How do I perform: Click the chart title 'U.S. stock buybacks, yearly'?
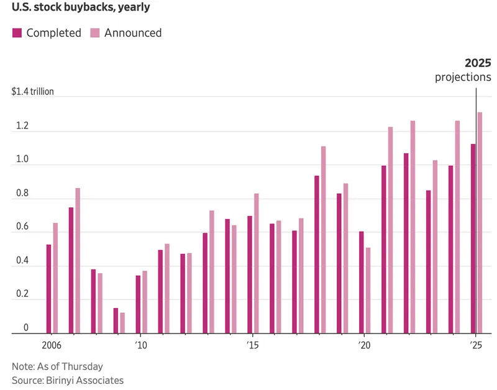(x=81, y=9)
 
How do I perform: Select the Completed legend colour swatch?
(x=17, y=33)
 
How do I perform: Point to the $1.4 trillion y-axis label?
(x=33, y=91)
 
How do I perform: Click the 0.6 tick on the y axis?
(x=22, y=227)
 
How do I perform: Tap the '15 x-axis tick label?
(x=252, y=345)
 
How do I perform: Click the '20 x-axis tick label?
(x=364, y=345)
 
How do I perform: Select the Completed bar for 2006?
(x=48, y=289)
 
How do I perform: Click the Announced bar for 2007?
(x=78, y=261)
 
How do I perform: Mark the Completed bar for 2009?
(x=116, y=320)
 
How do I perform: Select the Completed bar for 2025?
(x=473, y=238)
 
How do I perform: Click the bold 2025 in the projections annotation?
(x=478, y=63)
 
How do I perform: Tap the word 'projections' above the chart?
(x=463, y=78)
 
